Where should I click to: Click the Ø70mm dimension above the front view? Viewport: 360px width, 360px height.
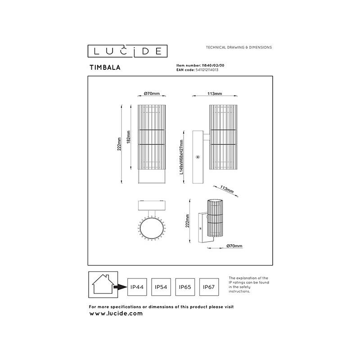coord(152,94)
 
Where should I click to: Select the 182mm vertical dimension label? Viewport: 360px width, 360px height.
coord(128,136)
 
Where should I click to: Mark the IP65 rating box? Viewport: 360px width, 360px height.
coord(185,287)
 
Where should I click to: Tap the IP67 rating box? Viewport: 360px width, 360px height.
coord(210,287)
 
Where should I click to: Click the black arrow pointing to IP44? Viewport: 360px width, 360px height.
coord(120,287)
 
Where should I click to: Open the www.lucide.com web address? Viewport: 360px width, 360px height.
coord(116,314)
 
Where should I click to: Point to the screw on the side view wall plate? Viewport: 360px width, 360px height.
coord(198,157)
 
